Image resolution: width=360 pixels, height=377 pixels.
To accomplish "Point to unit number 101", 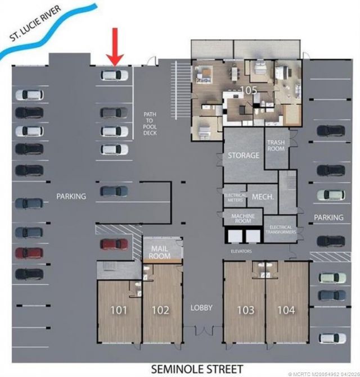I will tap(118, 310).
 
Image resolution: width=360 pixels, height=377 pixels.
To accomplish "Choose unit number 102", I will tap(160, 310).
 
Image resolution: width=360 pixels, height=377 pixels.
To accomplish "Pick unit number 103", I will tap(245, 310).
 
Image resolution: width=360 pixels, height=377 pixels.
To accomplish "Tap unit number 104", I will tap(286, 310).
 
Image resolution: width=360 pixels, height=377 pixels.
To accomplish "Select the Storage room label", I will tap(244, 155).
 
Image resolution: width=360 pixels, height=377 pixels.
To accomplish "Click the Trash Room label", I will tap(277, 147).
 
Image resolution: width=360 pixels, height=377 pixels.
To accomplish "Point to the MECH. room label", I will tap(263, 197).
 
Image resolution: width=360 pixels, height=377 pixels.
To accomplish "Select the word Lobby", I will tap(201, 307).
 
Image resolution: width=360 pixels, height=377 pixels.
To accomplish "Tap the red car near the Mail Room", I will tap(114, 244).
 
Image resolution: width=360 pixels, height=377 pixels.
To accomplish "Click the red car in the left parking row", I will tap(29, 253).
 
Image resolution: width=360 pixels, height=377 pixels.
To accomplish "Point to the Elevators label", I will tap(241, 251).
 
